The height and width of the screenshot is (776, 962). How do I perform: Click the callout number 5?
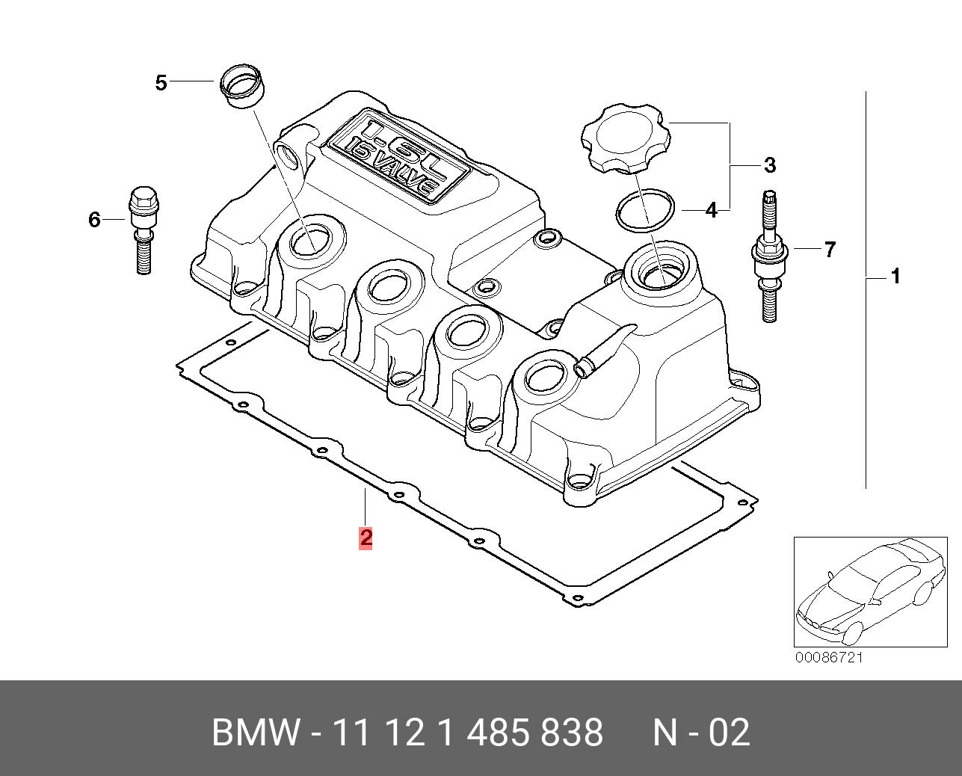pos(161,83)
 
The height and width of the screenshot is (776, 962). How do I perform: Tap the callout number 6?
pos(94,220)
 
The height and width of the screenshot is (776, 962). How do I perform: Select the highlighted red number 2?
pos(366,538)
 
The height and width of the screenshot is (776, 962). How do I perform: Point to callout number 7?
pos(830,250)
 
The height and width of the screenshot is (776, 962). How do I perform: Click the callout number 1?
pos(895,277)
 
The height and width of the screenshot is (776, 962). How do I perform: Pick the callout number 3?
pos(770,165)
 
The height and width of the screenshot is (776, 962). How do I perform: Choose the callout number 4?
pos(711,210)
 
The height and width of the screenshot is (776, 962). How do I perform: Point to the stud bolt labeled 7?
pos(769,256)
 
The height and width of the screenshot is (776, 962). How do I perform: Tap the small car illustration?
pos(870,592)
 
